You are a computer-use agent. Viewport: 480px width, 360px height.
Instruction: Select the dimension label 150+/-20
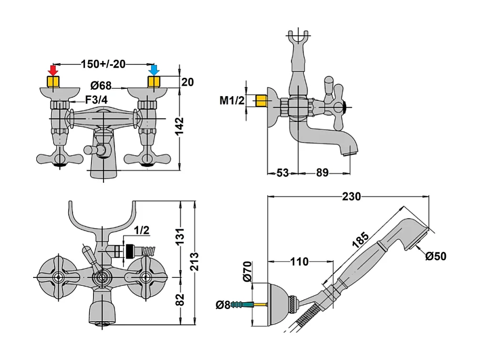103,64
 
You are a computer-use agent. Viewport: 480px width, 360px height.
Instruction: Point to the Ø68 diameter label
101,85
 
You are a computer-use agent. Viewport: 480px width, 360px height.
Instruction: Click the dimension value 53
283,172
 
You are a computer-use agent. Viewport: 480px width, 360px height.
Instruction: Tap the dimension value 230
351,197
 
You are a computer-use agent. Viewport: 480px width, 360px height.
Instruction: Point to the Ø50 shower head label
436,256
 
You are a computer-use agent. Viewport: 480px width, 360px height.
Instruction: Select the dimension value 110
300,261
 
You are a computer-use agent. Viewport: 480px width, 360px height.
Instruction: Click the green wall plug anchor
240,304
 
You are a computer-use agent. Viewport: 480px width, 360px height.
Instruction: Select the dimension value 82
180,299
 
